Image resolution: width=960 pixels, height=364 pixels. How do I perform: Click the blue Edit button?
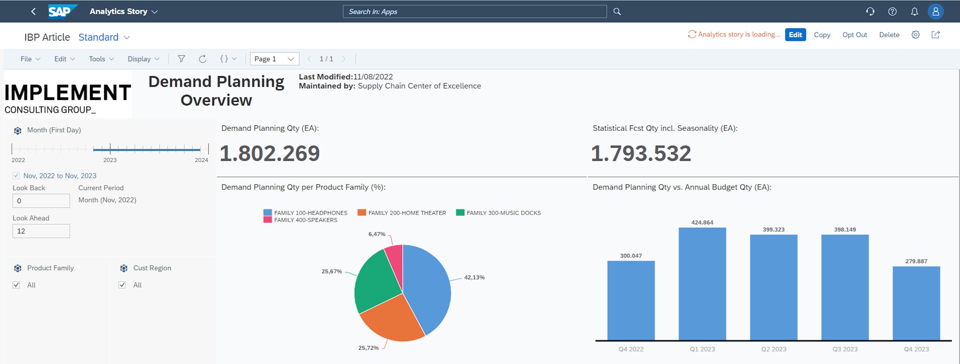point(795,35)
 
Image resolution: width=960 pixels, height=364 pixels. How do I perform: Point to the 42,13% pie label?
point(474,277)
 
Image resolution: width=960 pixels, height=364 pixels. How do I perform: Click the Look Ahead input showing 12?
point(41,231)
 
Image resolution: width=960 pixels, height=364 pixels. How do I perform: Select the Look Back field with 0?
point(41,201)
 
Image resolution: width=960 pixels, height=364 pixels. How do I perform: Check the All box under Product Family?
point(16,285)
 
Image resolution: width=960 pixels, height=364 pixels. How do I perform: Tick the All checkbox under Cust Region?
point(122,285)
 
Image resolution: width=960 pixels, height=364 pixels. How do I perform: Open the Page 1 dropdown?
point(274,59)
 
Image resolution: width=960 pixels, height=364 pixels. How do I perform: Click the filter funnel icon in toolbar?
point(181,59)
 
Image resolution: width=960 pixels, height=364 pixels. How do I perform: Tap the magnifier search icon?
point(617,11)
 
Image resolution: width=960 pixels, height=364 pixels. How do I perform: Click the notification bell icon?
point(914,11)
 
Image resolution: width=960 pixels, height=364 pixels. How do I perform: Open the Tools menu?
point(101,59)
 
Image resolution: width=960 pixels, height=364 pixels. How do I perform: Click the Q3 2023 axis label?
point(844,349)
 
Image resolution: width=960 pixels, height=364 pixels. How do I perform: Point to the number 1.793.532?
point(641,153)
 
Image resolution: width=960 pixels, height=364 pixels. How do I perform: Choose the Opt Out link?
point(854,35)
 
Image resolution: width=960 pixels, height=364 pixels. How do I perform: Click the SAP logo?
point(62,11)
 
